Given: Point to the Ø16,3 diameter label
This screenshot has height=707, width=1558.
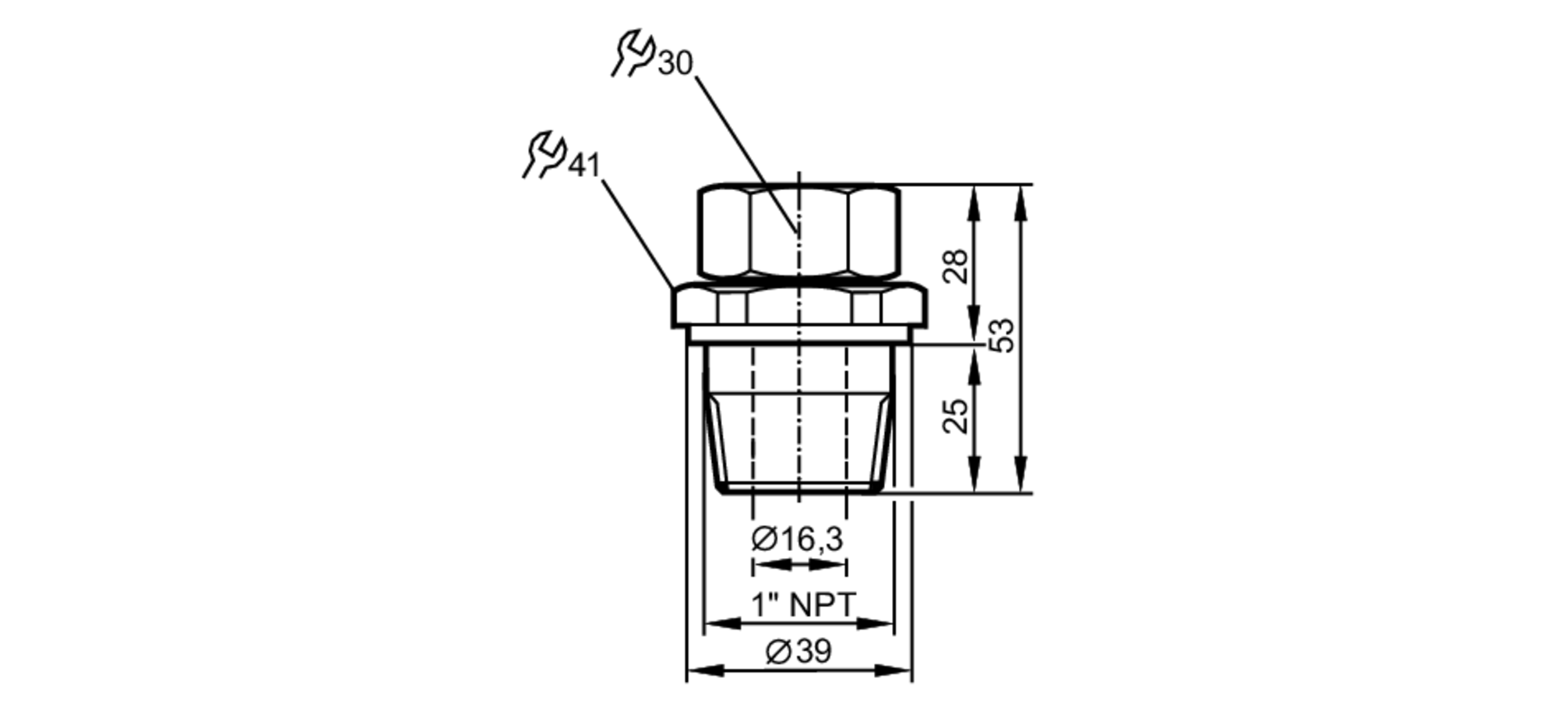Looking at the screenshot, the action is pyautogui.click(x=798, y=539).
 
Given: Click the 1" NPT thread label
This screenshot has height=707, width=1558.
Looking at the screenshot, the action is pyautogui.click(x=803, y=604).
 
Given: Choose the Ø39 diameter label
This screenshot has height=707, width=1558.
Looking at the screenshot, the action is pyautogui.click(x=798, y=652).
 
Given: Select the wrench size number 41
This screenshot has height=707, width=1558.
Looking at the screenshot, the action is pyautogui.click(x=584, y=164).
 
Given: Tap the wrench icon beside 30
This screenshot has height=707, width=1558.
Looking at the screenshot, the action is pyautogui.click(x=633, y=54).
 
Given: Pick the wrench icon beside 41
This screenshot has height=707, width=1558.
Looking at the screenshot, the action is pyautogui.click(x=544, y=154).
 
